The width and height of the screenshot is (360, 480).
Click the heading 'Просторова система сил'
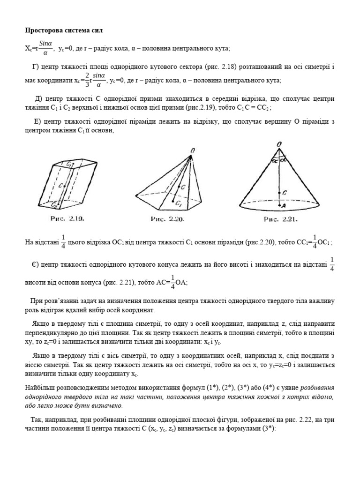pos(63,30)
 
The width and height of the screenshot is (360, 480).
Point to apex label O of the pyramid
pos(192,150)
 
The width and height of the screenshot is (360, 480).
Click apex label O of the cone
pos(279,144)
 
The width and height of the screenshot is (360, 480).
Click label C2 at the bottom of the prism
pos(55,205)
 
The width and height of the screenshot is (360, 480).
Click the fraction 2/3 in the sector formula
pos(87,80)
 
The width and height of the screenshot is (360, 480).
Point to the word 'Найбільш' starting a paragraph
pos(39,389)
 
